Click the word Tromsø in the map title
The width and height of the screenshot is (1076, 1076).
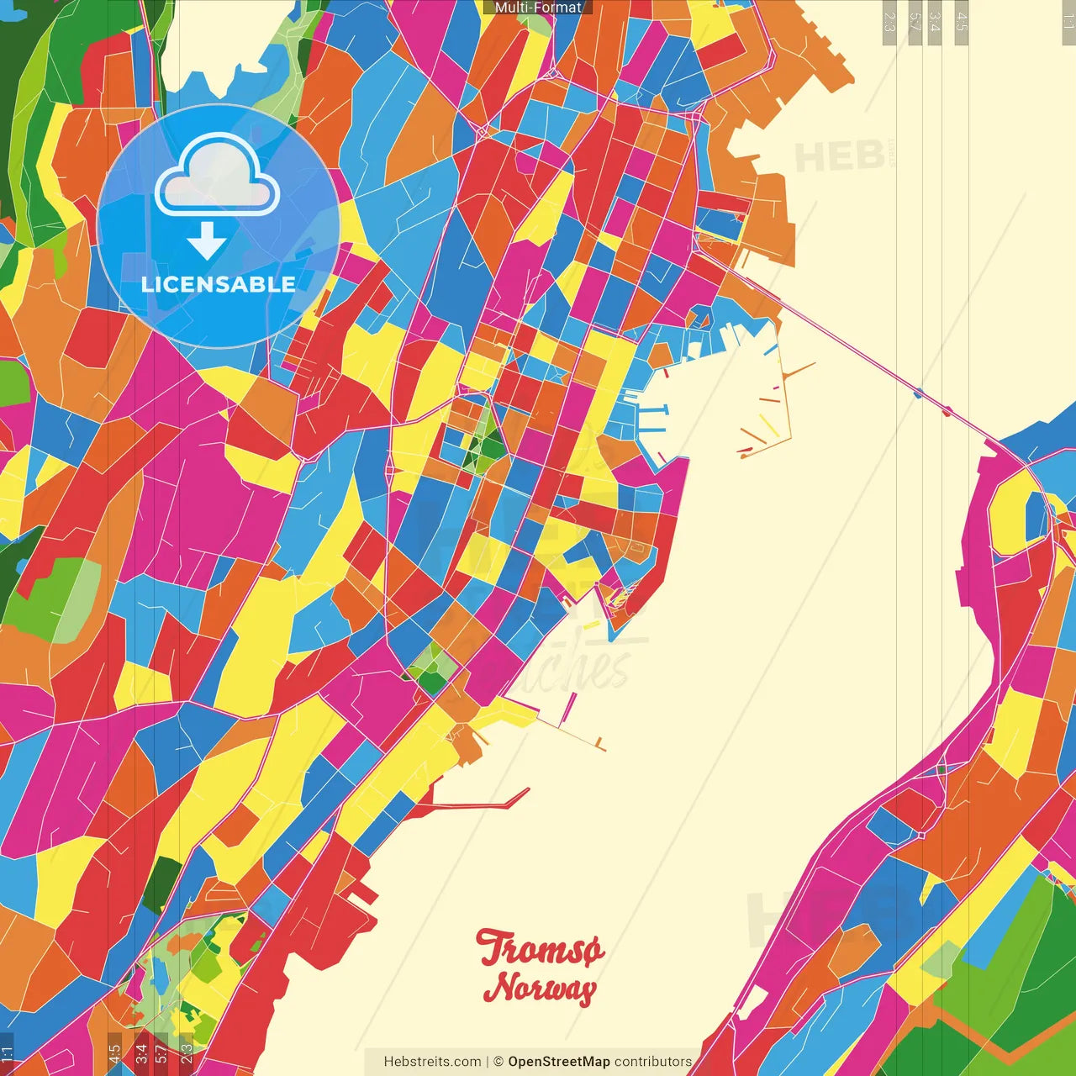click(540, 949)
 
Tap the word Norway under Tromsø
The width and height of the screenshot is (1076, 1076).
click(540, 987)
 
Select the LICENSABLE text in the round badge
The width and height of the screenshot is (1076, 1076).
click(218, 284)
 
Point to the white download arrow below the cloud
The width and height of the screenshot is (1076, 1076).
click(207, 241)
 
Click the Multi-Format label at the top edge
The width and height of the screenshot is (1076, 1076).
click(538, 8)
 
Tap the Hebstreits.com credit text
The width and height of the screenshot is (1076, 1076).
click(432, 1062)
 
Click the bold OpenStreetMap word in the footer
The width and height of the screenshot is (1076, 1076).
click(558, 1062)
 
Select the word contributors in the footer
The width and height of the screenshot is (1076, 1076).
click(653, 1062)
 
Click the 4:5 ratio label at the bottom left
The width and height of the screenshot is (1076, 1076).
click(114, 1052)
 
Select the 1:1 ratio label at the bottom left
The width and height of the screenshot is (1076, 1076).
click(8, 1052)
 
